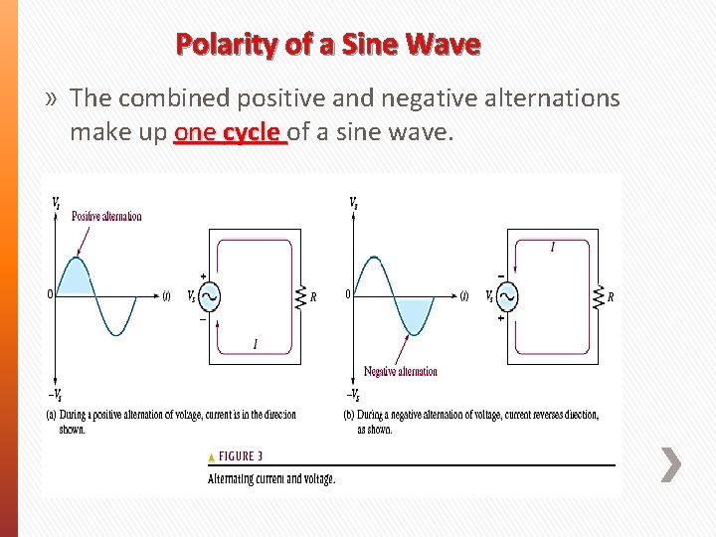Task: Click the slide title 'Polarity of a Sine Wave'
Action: (x=328, y=45)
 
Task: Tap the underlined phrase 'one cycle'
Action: (x=229, y=132)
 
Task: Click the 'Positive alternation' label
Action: (x=106, y=216)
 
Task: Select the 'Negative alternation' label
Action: (x=400, y=371)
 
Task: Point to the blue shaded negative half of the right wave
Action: (x=414, y=312)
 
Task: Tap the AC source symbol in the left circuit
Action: (x=209, y=296)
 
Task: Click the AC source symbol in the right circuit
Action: (x=507, y=296)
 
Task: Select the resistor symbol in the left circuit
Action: (x=299, y=296)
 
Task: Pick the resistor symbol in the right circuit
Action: (x=598, y=296)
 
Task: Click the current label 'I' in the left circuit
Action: (x=256, y=344)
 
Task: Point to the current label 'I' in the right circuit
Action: (x=553, y=248)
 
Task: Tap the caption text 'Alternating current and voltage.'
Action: (x=271, y=479)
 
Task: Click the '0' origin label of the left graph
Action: (x=51, y=294)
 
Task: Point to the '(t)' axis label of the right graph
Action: (x=463, y=295)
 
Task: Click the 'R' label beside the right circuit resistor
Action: (x=611, y=297)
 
